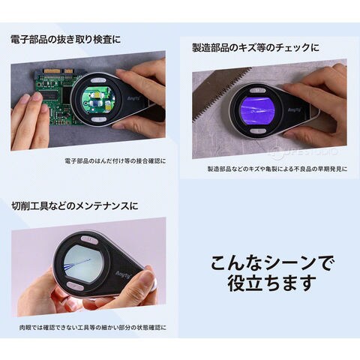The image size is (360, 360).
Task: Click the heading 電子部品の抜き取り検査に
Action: (65, 40)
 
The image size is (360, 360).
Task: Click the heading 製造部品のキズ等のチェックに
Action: (256, 47)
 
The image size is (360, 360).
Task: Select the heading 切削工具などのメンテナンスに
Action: (75, 206)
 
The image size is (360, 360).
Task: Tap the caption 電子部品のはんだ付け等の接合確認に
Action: (115, 161)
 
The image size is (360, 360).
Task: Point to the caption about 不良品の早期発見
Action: (277, 169)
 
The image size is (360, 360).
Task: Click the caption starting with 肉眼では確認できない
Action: (93, 328)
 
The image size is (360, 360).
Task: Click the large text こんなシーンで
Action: (272, 263)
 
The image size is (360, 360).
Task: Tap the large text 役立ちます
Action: (270, 283)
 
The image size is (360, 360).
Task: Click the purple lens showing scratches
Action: (257, 110)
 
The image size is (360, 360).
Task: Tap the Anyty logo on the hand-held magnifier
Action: (124, 274)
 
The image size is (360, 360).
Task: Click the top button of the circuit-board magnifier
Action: (97, 80)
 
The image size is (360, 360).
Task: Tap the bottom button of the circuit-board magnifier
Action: (98, 119)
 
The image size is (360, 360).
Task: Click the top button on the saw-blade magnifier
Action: (258, 91)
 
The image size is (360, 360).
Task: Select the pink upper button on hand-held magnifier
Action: (89, 240)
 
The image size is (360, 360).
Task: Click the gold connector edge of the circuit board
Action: (59, 71)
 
